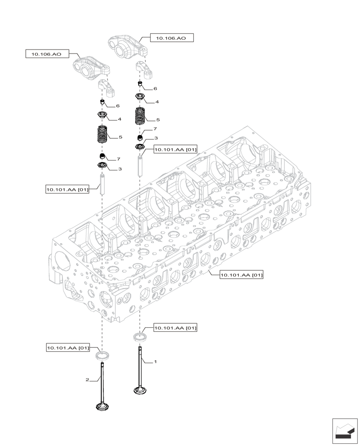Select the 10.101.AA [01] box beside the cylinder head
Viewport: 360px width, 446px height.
241,275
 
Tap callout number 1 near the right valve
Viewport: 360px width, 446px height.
155,362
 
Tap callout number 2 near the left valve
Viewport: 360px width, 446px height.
87,380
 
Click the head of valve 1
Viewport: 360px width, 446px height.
140,391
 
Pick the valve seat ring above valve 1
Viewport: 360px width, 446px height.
140,336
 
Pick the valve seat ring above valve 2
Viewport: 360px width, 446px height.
103,355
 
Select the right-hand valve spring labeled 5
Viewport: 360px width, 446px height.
141,117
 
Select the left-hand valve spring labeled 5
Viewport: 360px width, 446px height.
103,135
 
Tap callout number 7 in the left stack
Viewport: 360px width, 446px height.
119,159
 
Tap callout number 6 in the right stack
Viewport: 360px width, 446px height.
155,89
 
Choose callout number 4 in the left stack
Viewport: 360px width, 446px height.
119,120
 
